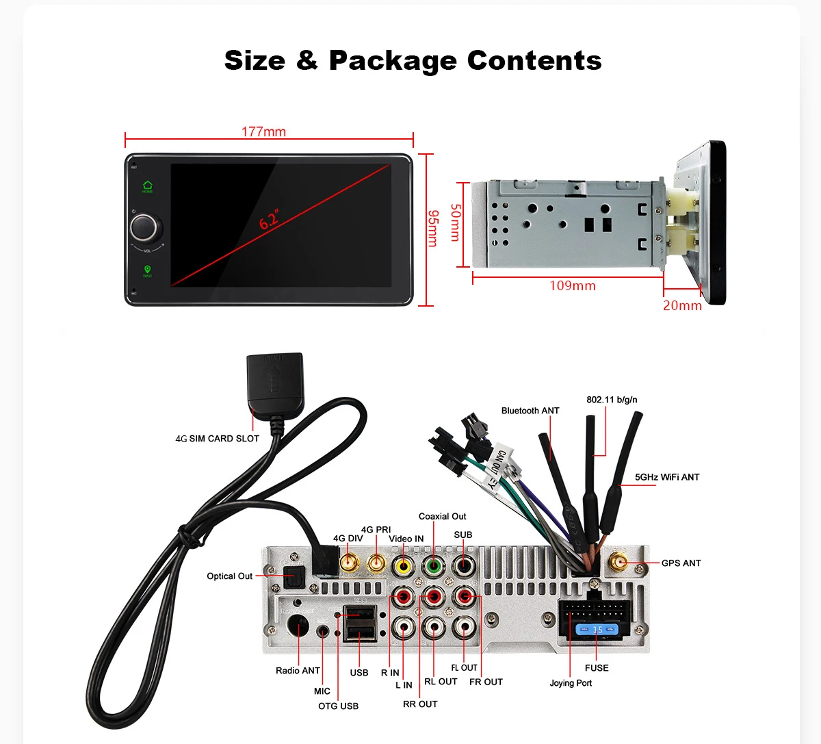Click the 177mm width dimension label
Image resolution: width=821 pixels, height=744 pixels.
pyautogui.click(x=263, y=131)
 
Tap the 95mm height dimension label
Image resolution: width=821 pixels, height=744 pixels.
pyautogui.click(x=432, y=228)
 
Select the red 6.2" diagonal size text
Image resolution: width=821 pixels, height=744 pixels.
pyautogui.click(x=269, y=220)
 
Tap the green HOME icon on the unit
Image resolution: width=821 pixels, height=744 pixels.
pyautogui.click(x=148, y=185)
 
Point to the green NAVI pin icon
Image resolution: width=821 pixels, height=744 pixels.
pyautogui.click(x=147, y=270)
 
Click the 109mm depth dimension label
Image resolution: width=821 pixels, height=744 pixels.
pyautogui.click(x=573, y=286)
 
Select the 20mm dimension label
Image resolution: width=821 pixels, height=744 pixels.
pyautogui.click(x=682, y=305)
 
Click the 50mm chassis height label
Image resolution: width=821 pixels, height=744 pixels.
pyautogui.click(x=455, y=222)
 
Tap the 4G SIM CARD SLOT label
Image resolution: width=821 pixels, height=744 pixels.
pyautogui.click(x=218, y=439)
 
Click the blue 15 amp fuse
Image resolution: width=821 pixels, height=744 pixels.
pyautogui.click(x=597, y=629)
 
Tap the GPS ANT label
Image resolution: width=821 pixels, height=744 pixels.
pyautogui.click(x=681, y=563)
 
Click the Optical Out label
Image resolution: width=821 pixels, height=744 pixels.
pyautogui.click(x=230, y=576)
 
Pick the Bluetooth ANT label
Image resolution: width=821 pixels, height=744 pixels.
pyautogui.click(x=530, y=411)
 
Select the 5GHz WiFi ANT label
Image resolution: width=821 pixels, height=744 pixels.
pyautogui.click(x=667, y=477)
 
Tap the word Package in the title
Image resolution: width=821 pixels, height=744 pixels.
pyautogui.click(x=393, y=61)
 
